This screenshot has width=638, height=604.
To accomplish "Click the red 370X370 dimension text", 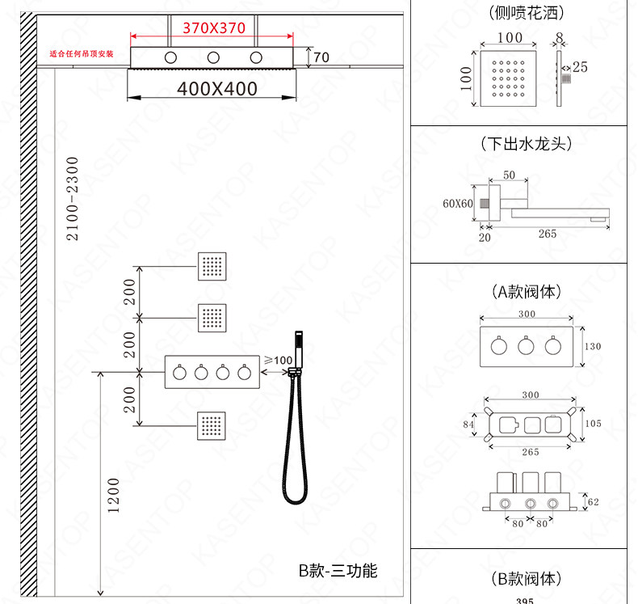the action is click(214, 28).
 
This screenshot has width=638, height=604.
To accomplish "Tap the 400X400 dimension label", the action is click(217, 89).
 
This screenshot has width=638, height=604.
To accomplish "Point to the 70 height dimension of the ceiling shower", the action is click(321, 57).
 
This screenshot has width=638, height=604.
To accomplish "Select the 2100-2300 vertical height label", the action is click(72, 198).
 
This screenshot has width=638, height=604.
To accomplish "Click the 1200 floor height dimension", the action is click(114, 496).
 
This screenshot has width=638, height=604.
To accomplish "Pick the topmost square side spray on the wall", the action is click(212, 266).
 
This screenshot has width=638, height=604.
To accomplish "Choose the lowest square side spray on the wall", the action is click(212, 426).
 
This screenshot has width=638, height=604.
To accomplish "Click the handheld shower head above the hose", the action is click(299, 349).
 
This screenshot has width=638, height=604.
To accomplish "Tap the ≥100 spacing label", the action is click(279, 360).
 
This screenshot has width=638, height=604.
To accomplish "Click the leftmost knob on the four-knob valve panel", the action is click(179, 373).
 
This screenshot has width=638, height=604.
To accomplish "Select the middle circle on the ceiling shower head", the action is click(213, 57).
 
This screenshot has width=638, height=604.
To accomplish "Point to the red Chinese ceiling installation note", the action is click(82, 53).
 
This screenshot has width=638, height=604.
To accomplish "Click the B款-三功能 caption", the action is click(338, 571).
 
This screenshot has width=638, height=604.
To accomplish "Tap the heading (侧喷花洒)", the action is click(527, 13).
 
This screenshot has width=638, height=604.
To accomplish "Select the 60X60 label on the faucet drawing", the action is click(458, 203).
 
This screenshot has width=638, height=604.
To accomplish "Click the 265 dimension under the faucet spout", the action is click(548, 234).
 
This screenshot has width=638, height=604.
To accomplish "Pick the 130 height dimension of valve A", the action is click(593, 346).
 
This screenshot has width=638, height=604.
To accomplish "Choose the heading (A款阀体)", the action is click(527, 292).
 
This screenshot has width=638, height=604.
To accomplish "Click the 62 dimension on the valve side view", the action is click(594, 502).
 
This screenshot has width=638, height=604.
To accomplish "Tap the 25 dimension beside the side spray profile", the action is click(580, 67).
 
